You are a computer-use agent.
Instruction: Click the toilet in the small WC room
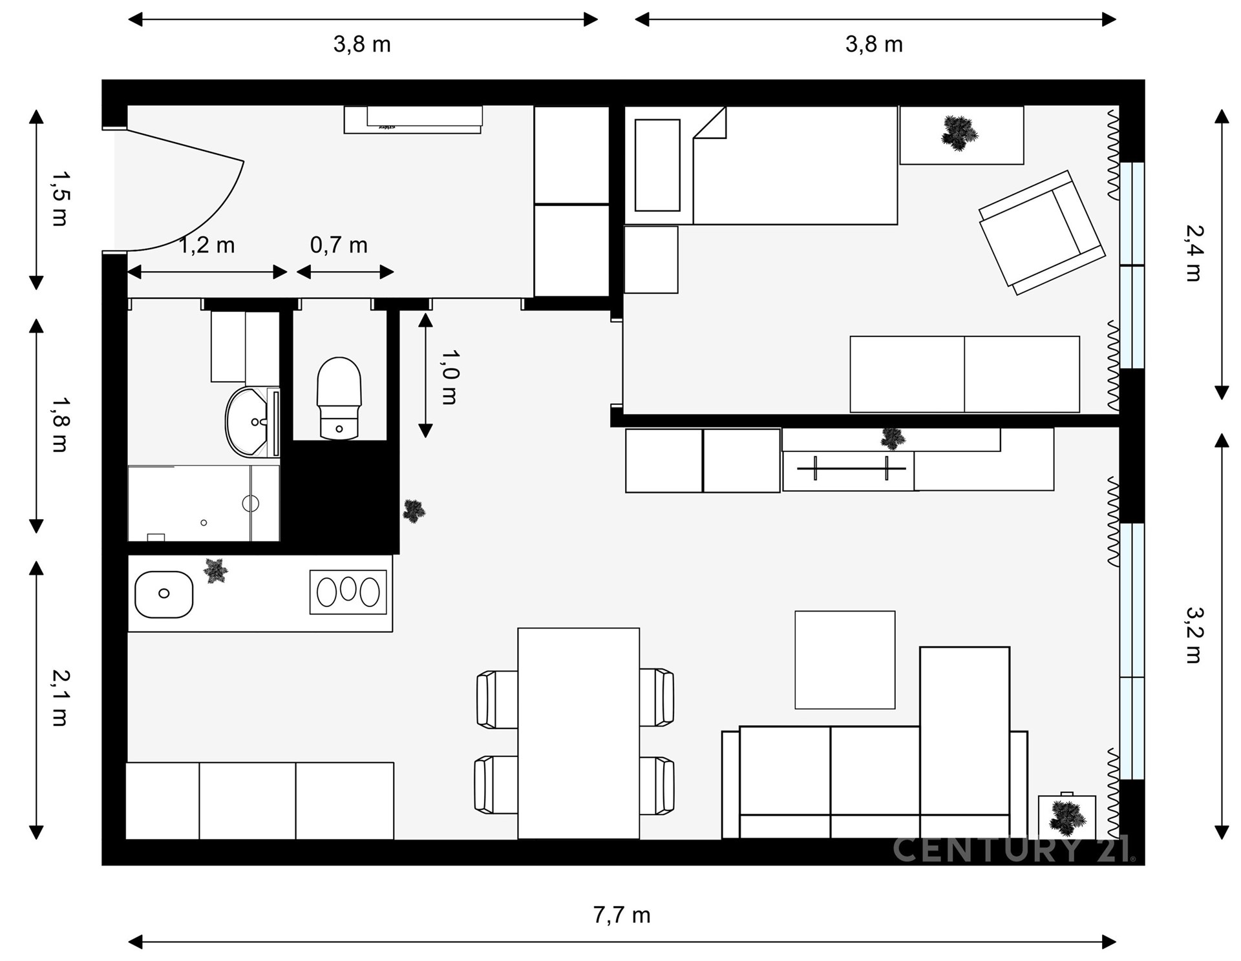point(339,398)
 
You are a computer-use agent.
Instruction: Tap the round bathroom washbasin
point(247,422)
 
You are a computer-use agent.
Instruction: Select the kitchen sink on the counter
point(164,594)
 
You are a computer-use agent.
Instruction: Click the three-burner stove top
point(348,592)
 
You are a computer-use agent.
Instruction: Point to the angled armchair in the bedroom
point(1042,232)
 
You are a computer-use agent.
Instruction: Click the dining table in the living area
point(578,733)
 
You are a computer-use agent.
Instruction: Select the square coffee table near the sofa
point(845,659)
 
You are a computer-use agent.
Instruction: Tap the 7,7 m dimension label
point(622,914)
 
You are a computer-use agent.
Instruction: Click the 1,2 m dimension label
point(206,245)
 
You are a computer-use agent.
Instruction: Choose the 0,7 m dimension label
point(339,245)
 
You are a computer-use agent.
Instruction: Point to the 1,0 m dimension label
point(449,377)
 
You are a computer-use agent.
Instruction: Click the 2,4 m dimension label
point(1194,253)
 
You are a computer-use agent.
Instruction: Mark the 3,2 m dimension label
point(1194,635)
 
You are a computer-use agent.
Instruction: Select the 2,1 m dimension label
point(60,698)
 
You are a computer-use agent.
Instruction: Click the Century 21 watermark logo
point(1014,849)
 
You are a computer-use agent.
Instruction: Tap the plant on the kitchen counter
point(215,571)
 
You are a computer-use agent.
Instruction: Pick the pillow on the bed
point(657,165)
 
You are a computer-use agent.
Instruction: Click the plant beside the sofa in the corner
point(1066,818)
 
